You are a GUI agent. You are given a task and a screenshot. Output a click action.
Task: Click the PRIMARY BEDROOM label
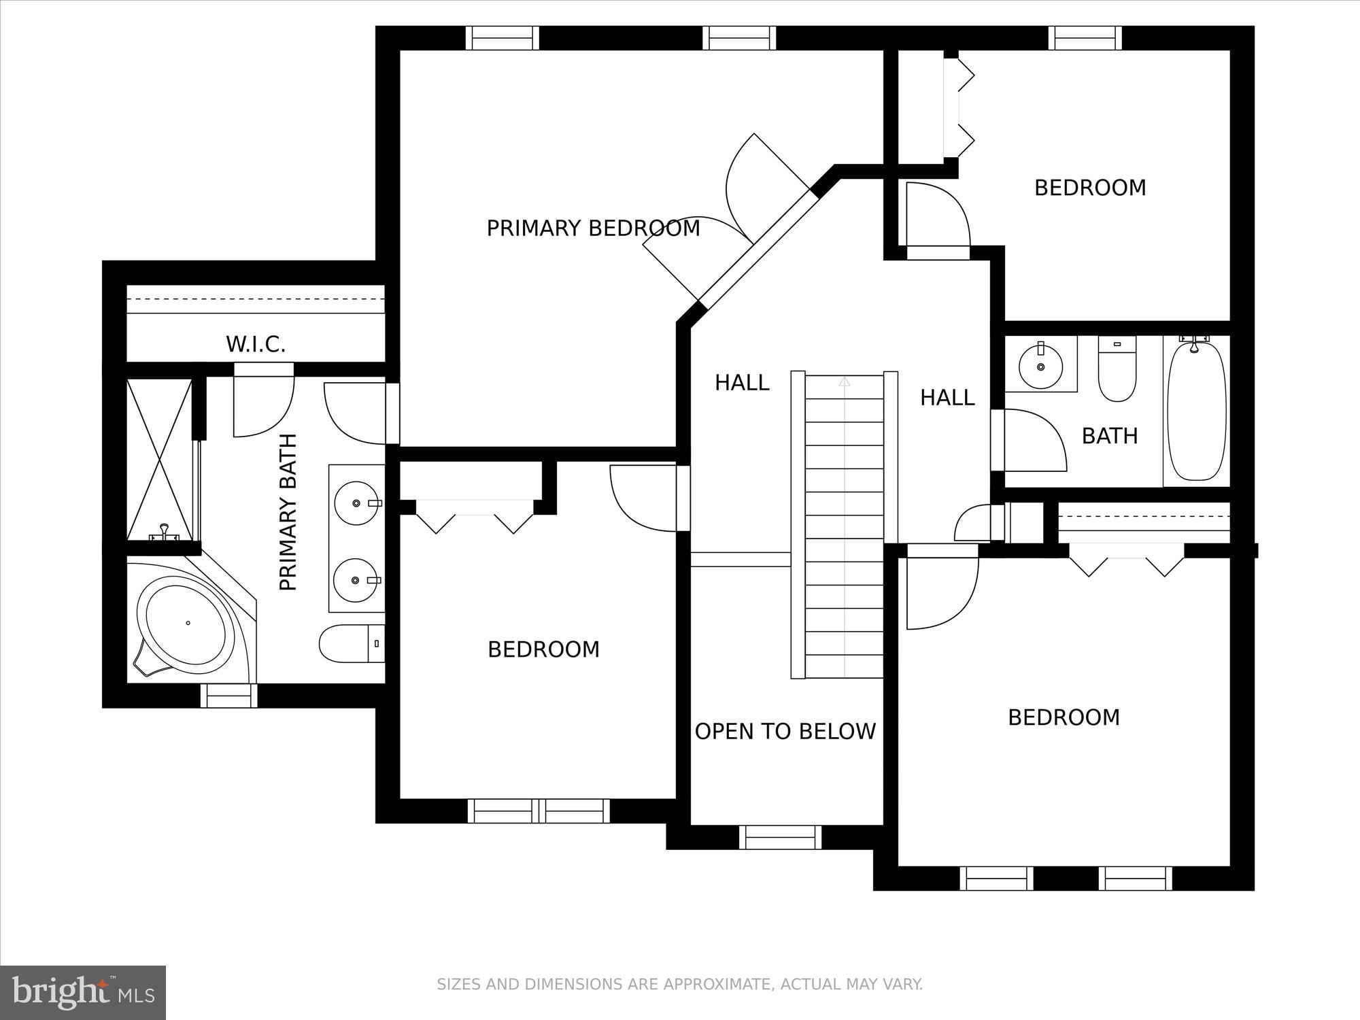593,228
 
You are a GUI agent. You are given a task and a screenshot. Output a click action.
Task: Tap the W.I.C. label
256,344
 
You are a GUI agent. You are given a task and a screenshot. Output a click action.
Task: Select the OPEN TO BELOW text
785,732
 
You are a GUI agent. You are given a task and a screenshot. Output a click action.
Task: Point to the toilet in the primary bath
350,644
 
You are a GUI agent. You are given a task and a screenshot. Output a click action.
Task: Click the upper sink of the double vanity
357,503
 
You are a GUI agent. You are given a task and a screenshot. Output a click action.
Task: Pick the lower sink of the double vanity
357,580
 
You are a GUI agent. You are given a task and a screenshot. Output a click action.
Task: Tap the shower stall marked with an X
160,460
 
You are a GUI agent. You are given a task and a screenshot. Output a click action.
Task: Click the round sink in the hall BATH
1040,367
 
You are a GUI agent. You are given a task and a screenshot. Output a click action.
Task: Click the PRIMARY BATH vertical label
289,512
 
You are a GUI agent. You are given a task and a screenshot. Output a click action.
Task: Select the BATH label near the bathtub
1110,436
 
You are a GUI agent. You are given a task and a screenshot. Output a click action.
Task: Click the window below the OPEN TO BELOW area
780,837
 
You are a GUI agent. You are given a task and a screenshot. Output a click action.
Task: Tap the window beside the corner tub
229,696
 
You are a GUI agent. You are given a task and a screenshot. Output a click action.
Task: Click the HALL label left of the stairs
742,383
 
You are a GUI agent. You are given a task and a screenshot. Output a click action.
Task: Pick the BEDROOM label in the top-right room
1090,188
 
